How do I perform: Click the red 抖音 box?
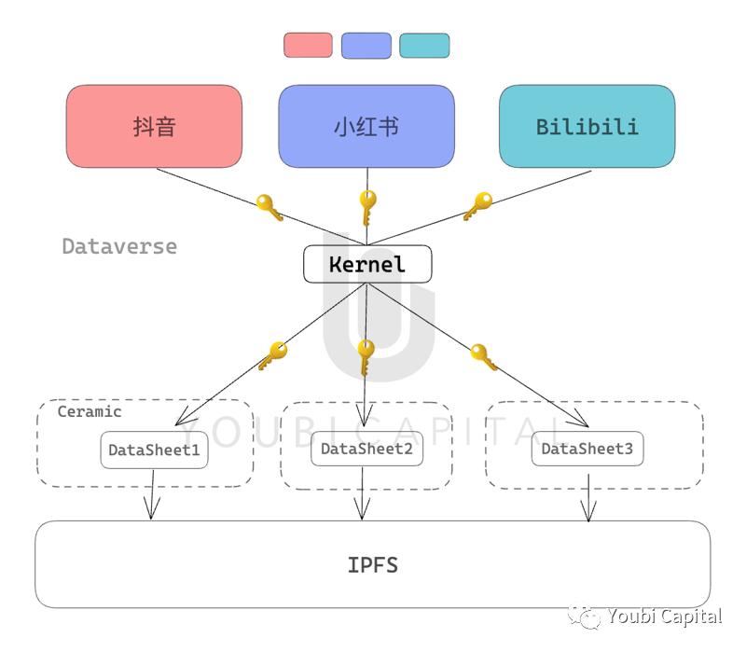point(154,127)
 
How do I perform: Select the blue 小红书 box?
point(366,127)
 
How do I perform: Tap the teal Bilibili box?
point(587,127)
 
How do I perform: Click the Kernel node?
point(367,264)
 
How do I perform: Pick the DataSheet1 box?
point(154,450)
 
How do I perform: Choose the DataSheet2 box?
point(366,449)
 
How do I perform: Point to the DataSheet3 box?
point(587,449)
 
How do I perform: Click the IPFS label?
point(373,564)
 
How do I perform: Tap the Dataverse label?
point(119,246)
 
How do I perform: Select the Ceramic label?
point(90,411)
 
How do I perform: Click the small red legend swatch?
point(308,45)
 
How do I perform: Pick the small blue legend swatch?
point(366,45)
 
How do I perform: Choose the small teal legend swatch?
point(424,45)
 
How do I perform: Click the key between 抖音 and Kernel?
point(269,207)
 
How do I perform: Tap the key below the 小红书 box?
point(367,207)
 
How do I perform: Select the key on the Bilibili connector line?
point(477,205)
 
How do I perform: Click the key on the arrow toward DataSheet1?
point(273,355)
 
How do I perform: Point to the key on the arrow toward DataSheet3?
point(483,356)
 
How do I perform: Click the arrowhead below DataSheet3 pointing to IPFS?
point(587,511)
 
